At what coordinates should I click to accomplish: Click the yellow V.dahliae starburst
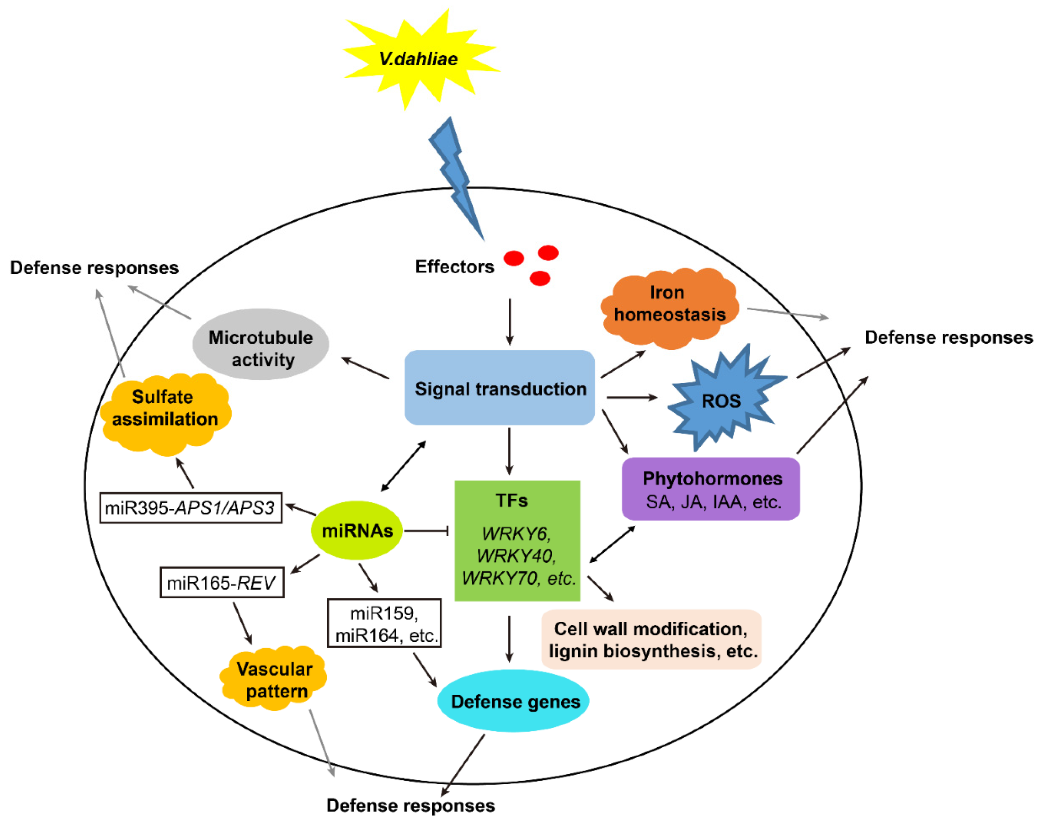[420, 59]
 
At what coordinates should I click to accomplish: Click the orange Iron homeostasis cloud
[670, 308]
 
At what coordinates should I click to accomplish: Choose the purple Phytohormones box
[711, 489]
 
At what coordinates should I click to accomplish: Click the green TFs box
[517, 541]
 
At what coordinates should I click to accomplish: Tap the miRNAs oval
[357, 530]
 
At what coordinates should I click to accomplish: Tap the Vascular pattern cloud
[274, 678]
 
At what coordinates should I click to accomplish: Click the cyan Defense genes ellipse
[513, 701]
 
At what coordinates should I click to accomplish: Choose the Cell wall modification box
[651, 639]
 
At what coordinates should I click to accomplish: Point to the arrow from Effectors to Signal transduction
[509, 321]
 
